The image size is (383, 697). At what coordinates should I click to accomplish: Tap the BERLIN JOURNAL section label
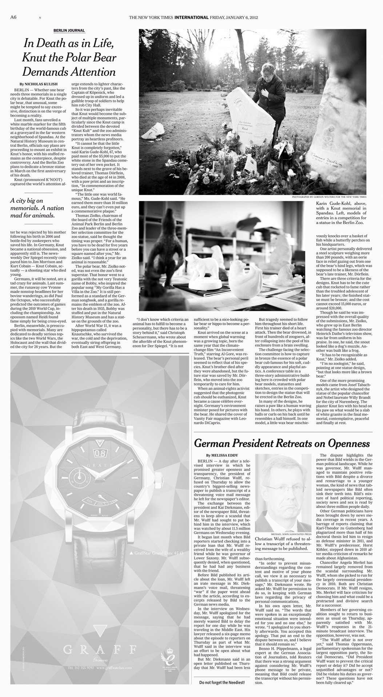[x=69, y=31]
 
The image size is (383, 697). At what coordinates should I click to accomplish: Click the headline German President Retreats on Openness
[x=282, y=443]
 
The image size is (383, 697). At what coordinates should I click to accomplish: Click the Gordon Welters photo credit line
[x=329, y=197]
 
